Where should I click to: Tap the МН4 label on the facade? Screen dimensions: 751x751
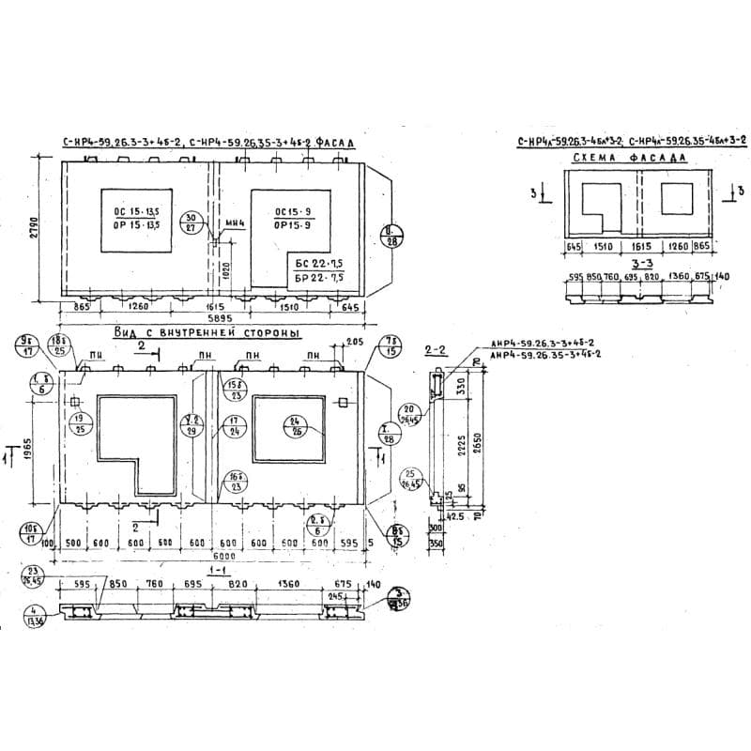[234, 223]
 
